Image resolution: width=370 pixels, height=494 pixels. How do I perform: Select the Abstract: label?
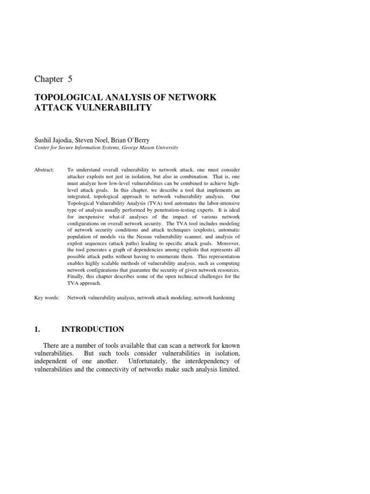[x=45, y=170]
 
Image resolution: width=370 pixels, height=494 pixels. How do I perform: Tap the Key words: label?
[x=47, y=298]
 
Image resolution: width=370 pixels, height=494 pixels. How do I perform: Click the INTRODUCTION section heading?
[x=92, y=329]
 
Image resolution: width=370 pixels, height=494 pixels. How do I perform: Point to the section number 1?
[x=36, y=329]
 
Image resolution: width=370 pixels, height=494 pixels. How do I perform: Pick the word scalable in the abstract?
[x=106, y=263]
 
